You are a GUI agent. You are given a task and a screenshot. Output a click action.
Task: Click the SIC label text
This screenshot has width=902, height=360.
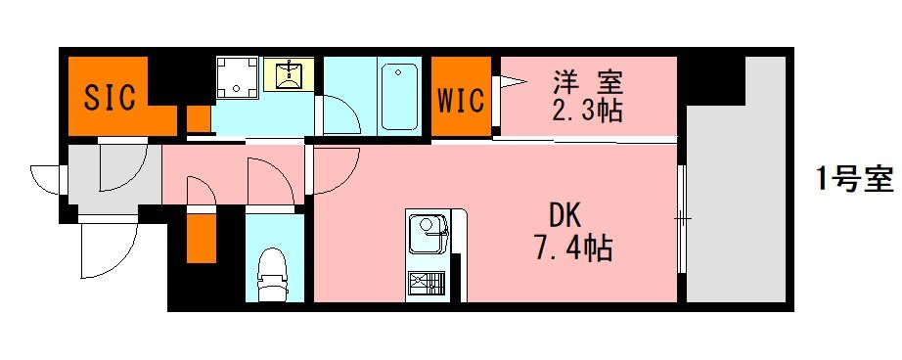click(110, 97)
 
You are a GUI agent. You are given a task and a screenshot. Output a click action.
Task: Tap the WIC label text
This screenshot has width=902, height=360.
click(460, 101)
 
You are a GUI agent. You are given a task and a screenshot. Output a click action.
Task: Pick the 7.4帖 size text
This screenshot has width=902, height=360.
click(572, 248)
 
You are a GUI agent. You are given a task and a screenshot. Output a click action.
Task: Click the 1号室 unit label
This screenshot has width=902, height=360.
click(854, 179)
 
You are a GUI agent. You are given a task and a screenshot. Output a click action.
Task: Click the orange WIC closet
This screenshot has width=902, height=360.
click(460, 98)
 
